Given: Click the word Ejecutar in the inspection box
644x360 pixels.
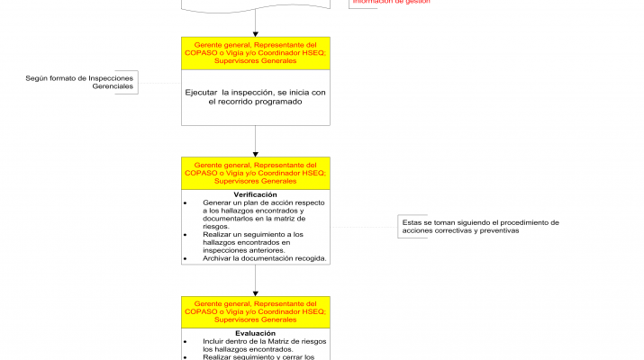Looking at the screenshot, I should [x=203, y=92].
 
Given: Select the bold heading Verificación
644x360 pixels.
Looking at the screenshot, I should [x=255, y=194].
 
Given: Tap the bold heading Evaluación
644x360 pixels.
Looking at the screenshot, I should [x=255, y=333].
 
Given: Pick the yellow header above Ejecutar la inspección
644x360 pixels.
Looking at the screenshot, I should [x=256, y=53].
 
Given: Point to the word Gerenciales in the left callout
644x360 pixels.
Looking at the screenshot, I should [x=112, y=86].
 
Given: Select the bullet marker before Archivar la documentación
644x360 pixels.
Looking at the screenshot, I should [x=185, y=258].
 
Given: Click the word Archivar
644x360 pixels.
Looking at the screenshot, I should [x=218, y=258].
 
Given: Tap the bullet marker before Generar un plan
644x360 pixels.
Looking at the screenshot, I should [x=185, y=202].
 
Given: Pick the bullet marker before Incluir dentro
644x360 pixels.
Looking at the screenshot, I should [x=185, y=342].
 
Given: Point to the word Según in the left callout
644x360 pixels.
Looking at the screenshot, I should [x=38, y=78].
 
